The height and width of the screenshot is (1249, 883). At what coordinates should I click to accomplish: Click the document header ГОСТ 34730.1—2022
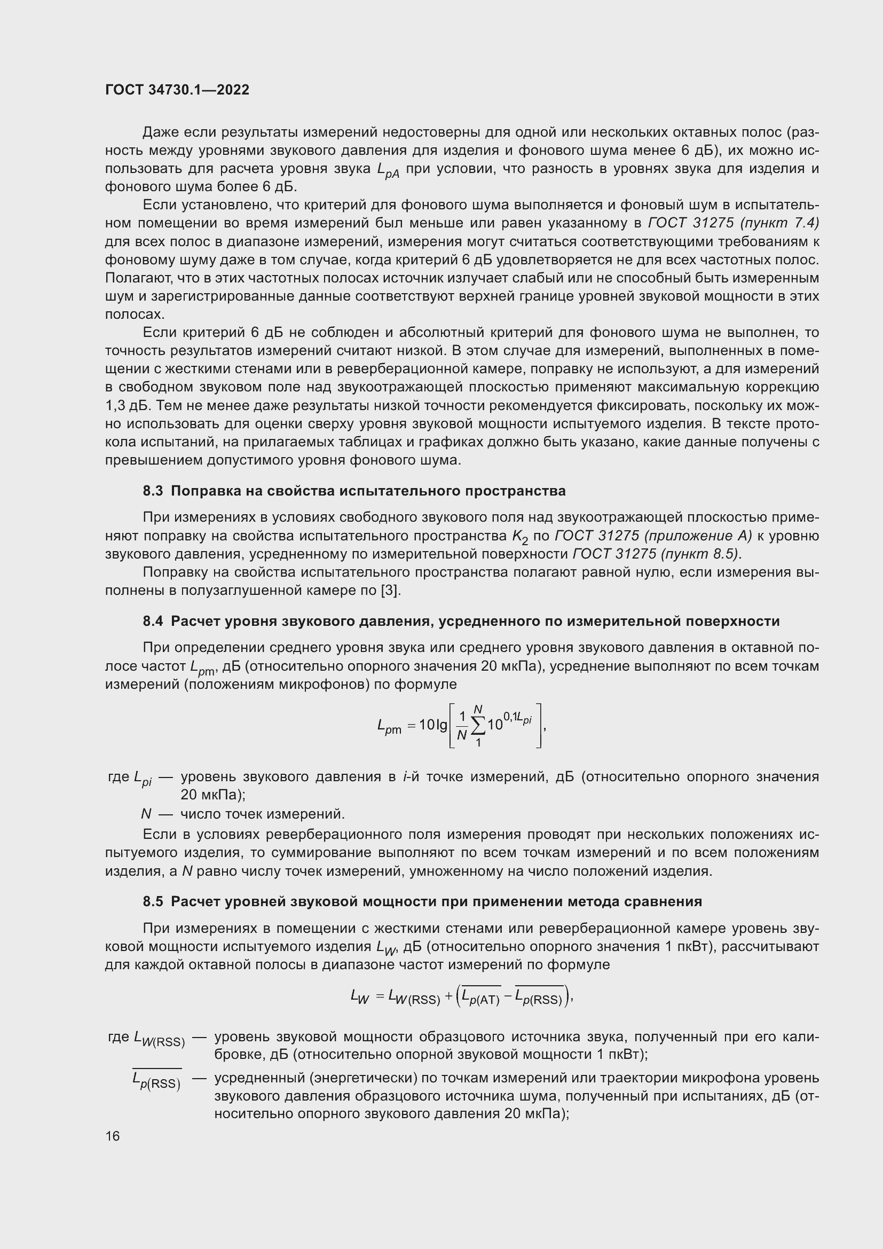coord(177,90)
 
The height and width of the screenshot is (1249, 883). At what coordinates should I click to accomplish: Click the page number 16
coord(113,1136)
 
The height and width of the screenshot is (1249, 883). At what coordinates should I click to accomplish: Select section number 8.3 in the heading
coord(153,491)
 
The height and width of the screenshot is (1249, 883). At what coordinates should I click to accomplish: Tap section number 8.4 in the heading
coord(153,621)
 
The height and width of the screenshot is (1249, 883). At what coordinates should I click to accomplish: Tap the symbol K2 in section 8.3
coord(520,538)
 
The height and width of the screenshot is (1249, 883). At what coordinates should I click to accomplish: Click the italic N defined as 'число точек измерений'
coord(146,814)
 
